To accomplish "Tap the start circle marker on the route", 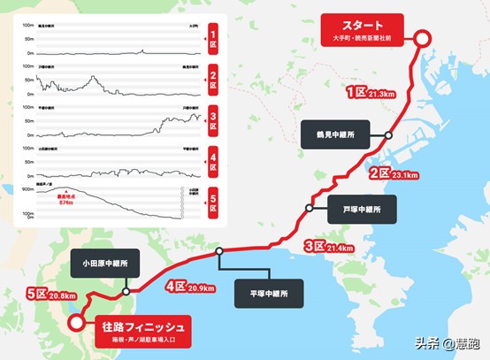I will point(423,39).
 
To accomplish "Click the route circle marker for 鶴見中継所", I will point(388,135).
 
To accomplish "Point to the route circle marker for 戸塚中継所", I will point(310,209).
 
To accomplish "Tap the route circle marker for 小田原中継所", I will point(126,290).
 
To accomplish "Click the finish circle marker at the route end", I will point(78,324).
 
